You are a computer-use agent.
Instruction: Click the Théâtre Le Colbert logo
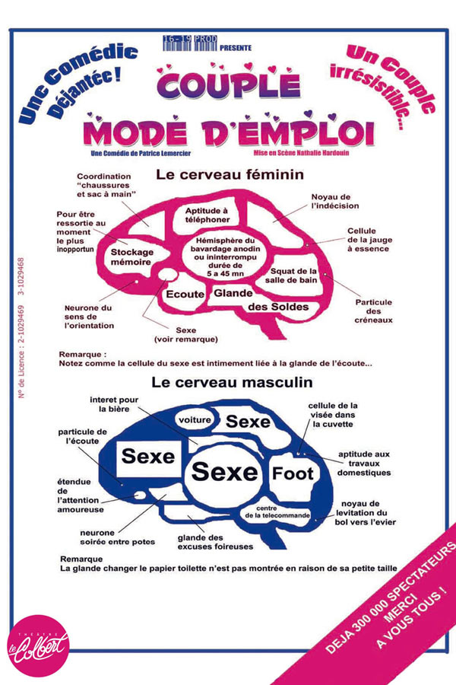(x=39, y=645)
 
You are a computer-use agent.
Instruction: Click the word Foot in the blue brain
(x=293, y=473)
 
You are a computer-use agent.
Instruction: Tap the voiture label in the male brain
(x=195, y=420)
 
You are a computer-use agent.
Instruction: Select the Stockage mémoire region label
(x=131, y=257)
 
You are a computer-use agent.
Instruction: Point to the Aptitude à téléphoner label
(x=207, y=215)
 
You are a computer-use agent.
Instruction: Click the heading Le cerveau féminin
(x=230, y=174)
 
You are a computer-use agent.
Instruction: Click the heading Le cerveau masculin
(x=232, y=382)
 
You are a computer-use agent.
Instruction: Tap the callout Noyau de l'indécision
(x=335, y=202)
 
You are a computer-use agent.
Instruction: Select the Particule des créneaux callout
(x=373, y=311)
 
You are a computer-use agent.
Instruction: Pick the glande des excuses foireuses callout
(x=215, y=542)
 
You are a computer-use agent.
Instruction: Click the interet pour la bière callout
(x=114, y=404)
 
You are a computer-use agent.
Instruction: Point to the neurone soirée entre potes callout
(x=117, y=537)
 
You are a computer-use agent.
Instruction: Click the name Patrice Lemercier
(x=164, y=153)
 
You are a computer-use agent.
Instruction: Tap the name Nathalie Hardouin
(x=322, y=153)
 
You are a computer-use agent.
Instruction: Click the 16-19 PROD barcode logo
(x=190, y=43)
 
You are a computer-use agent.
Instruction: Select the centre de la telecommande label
(x=277, y=512)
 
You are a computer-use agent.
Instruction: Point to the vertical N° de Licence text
(x=21, y=327)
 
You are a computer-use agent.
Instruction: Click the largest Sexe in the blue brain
(x=225, y=472)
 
